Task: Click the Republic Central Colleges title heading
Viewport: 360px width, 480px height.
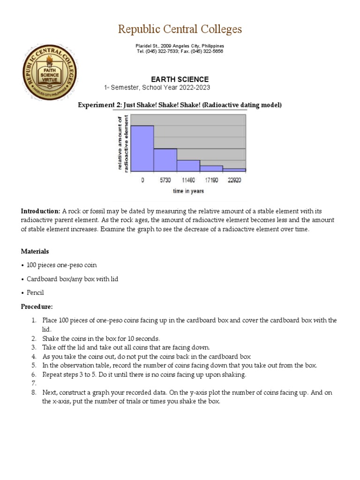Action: point(180,29)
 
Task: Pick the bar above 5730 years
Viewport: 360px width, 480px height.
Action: point(165,160)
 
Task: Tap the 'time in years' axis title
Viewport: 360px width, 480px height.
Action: point(188,191)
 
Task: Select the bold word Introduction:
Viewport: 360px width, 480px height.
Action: point(41,211)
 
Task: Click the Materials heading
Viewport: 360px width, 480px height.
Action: point(35,251)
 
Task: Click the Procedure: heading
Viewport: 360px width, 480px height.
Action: point(37,307)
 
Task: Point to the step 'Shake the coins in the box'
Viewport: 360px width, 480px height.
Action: point(101,338)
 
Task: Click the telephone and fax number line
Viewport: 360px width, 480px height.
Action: point(180,52)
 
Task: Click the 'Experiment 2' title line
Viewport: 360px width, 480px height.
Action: point(180,105)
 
